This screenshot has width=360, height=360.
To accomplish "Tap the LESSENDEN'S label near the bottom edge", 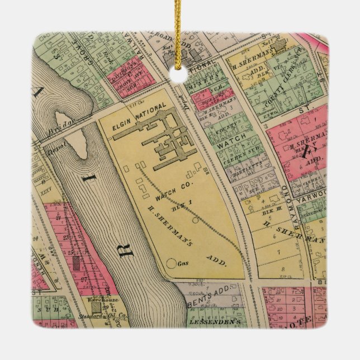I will click(x=211, y=321).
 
